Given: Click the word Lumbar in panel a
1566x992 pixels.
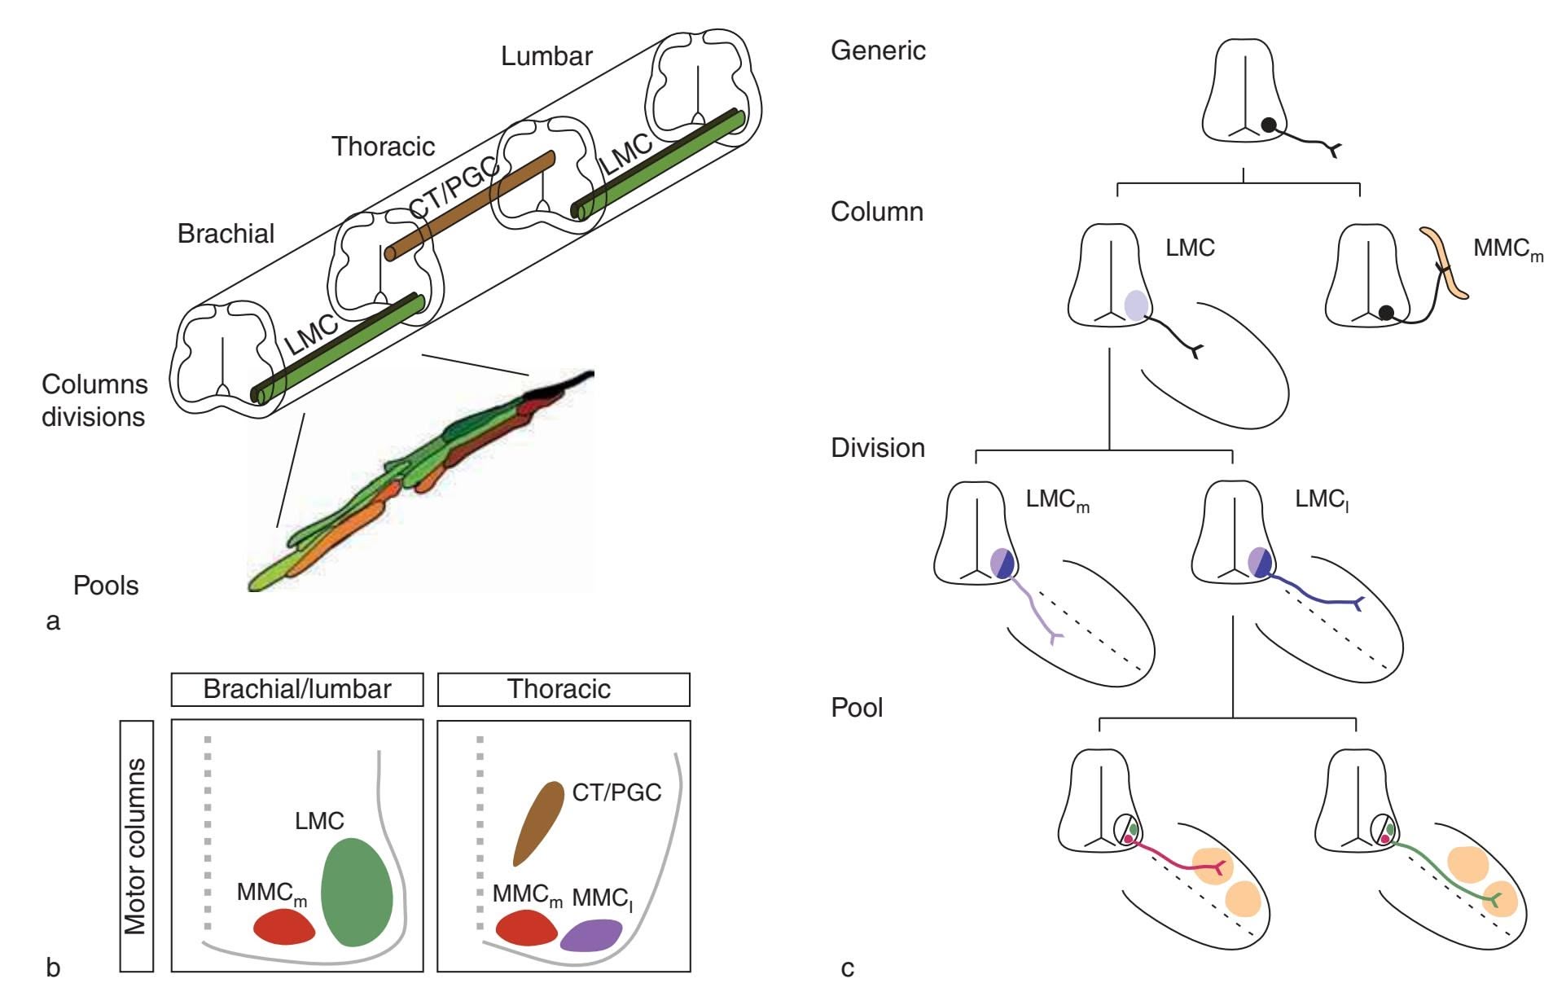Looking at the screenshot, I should tap(546, 56).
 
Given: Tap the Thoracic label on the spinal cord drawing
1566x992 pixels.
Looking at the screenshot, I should tap(383, 147).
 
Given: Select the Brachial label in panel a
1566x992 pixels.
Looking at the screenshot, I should tap(226, 234).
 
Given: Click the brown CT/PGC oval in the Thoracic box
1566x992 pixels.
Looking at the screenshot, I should tap(538, 823).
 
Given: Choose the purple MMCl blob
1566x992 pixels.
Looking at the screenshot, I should tap(591, 934).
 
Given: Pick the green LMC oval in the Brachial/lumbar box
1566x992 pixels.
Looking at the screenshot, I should tap(357, 892).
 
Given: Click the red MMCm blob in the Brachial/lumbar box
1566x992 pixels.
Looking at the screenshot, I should tap(283, 927).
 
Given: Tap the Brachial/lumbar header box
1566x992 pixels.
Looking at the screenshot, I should tap(297, 689).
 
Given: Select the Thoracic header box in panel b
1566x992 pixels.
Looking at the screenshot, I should tap(564, 689).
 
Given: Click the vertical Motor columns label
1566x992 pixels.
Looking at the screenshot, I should tap(136, 845).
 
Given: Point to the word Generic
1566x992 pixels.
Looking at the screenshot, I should tap(878, 50).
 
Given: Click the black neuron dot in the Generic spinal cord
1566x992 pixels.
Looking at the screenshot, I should tap(1269, 125).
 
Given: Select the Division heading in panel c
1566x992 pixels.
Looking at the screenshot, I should tap(878, 448).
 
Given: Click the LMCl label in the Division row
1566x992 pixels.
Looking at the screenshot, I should tap(1322, 499).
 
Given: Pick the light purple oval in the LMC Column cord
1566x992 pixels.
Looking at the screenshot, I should tap(1136, 305).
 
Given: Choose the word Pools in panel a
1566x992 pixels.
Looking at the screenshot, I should tap(106, 586).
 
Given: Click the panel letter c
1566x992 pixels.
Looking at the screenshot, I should tap(848, 968).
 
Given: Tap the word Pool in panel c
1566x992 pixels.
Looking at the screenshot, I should tap(857, 708).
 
